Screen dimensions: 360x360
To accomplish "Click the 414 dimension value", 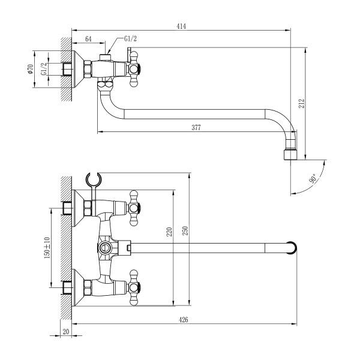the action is click(181, 26).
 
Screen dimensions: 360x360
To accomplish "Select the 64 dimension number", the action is click(88, 39).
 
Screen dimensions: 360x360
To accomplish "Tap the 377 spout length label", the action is click(196, 128).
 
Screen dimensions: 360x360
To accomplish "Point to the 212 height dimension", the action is click(301, 103).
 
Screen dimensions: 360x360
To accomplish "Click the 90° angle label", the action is click(313, 178).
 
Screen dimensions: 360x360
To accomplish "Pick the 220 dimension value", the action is click(169, 232).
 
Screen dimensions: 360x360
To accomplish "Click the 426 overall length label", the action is click(183, 320).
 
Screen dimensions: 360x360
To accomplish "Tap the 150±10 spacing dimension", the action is click(47, 248).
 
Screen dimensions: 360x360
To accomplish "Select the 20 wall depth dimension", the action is click(65, 332).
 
